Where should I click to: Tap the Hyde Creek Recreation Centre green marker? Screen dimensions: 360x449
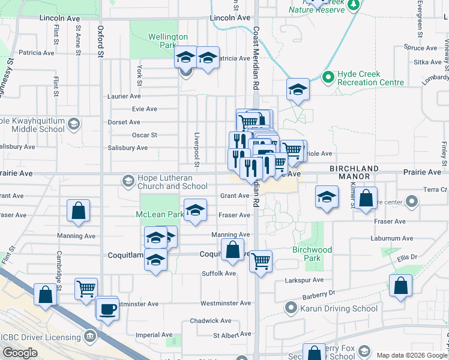pyautogui.click(x=328, y=77)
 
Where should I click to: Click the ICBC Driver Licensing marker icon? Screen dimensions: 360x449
pyautogui.click(x=90, y=335)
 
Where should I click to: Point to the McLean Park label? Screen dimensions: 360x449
pyautogui.click(x=159, y=214)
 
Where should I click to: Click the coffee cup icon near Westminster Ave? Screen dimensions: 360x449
pyautogui.click(x=108, y=310)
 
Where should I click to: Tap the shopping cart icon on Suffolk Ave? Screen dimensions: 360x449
pyautogui.click(x=261, y=261)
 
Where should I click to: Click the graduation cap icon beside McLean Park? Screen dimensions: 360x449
pyautogui.click(x=195, y=211)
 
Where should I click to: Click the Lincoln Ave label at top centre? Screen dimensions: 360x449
pyautogui.click(x=230, y=18)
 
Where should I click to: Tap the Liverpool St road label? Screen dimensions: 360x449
pyautogui.click(x=196, y=147)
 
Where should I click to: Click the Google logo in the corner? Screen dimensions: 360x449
pyautogui.click(x=20, y=353)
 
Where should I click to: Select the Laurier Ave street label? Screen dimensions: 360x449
pyautogui.click(x=124, y=96)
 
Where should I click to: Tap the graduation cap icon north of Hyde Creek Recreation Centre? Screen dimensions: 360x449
pyautogui.click(x=297, y=89)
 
